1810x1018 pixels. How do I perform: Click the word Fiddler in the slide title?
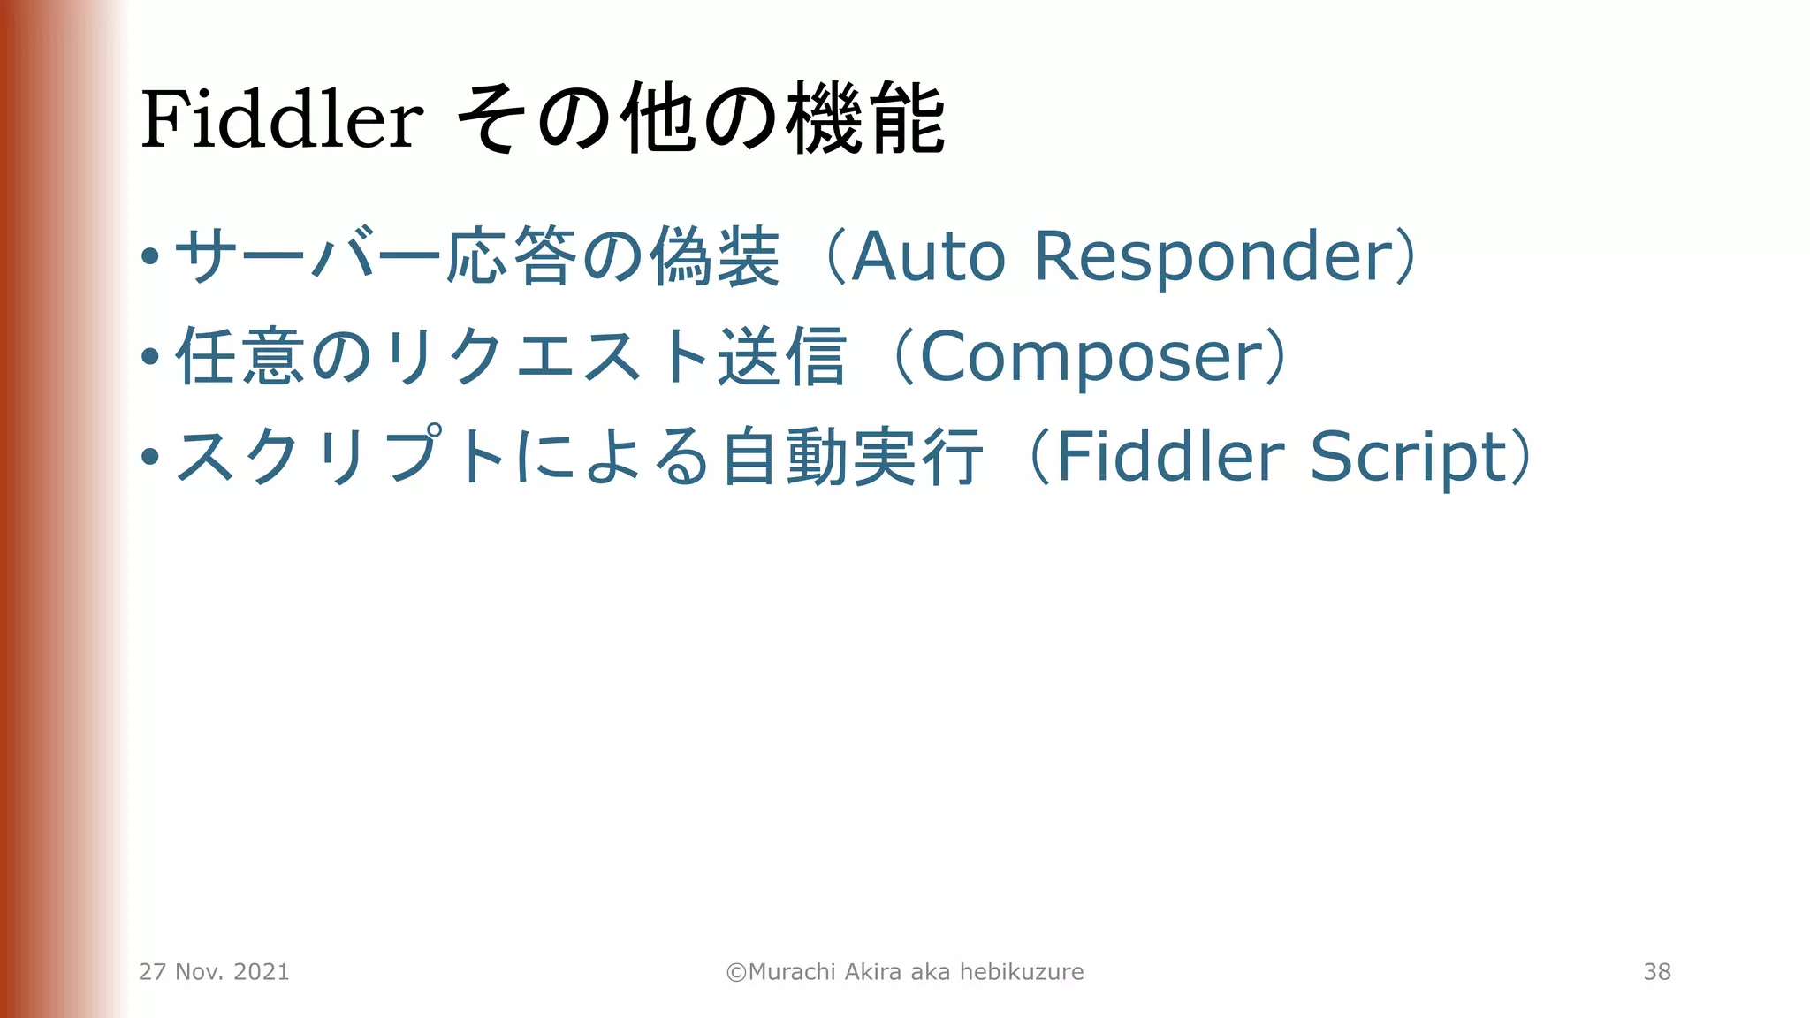(282, 119)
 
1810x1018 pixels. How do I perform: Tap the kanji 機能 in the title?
(866, 119)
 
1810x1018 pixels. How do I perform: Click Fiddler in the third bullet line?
(1170, 457)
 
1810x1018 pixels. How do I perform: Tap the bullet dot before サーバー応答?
(150, 257)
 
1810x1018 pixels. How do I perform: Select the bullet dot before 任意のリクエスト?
(150, 357)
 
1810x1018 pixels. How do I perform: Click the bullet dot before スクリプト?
(150, 457)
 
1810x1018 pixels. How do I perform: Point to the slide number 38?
(1657, 972)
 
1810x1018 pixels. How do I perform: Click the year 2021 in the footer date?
(262, 972)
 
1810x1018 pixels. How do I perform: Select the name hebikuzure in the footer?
(1022, 972)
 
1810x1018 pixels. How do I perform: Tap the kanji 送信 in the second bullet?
(781, 357)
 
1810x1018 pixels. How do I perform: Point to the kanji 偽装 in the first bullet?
(715, 257)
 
